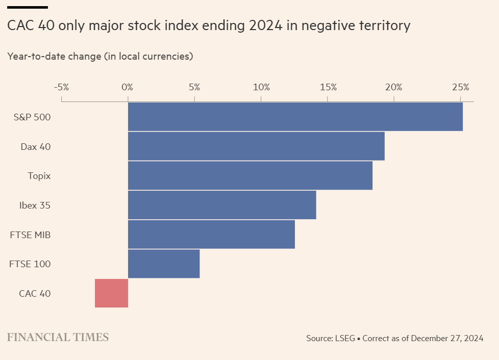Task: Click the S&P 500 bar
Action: (295, 117)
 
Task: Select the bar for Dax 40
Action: (256, 146)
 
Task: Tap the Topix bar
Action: (250, 176)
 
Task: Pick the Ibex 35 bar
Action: (222, 205)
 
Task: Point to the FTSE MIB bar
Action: (211, 235)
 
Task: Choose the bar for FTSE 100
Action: (164, 264)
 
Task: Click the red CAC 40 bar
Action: (111, 293)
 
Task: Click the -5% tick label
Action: (61, 87)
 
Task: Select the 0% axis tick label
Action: (128, 87)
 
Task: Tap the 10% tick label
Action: (261, 87)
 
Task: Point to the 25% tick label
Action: (460, 87)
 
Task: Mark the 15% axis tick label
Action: (328, 87)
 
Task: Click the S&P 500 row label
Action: (32, 117)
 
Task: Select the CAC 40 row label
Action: (35, 294)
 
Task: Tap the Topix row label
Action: (39, 176)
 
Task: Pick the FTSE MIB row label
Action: (30, 235)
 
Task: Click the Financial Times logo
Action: (58, 337)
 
